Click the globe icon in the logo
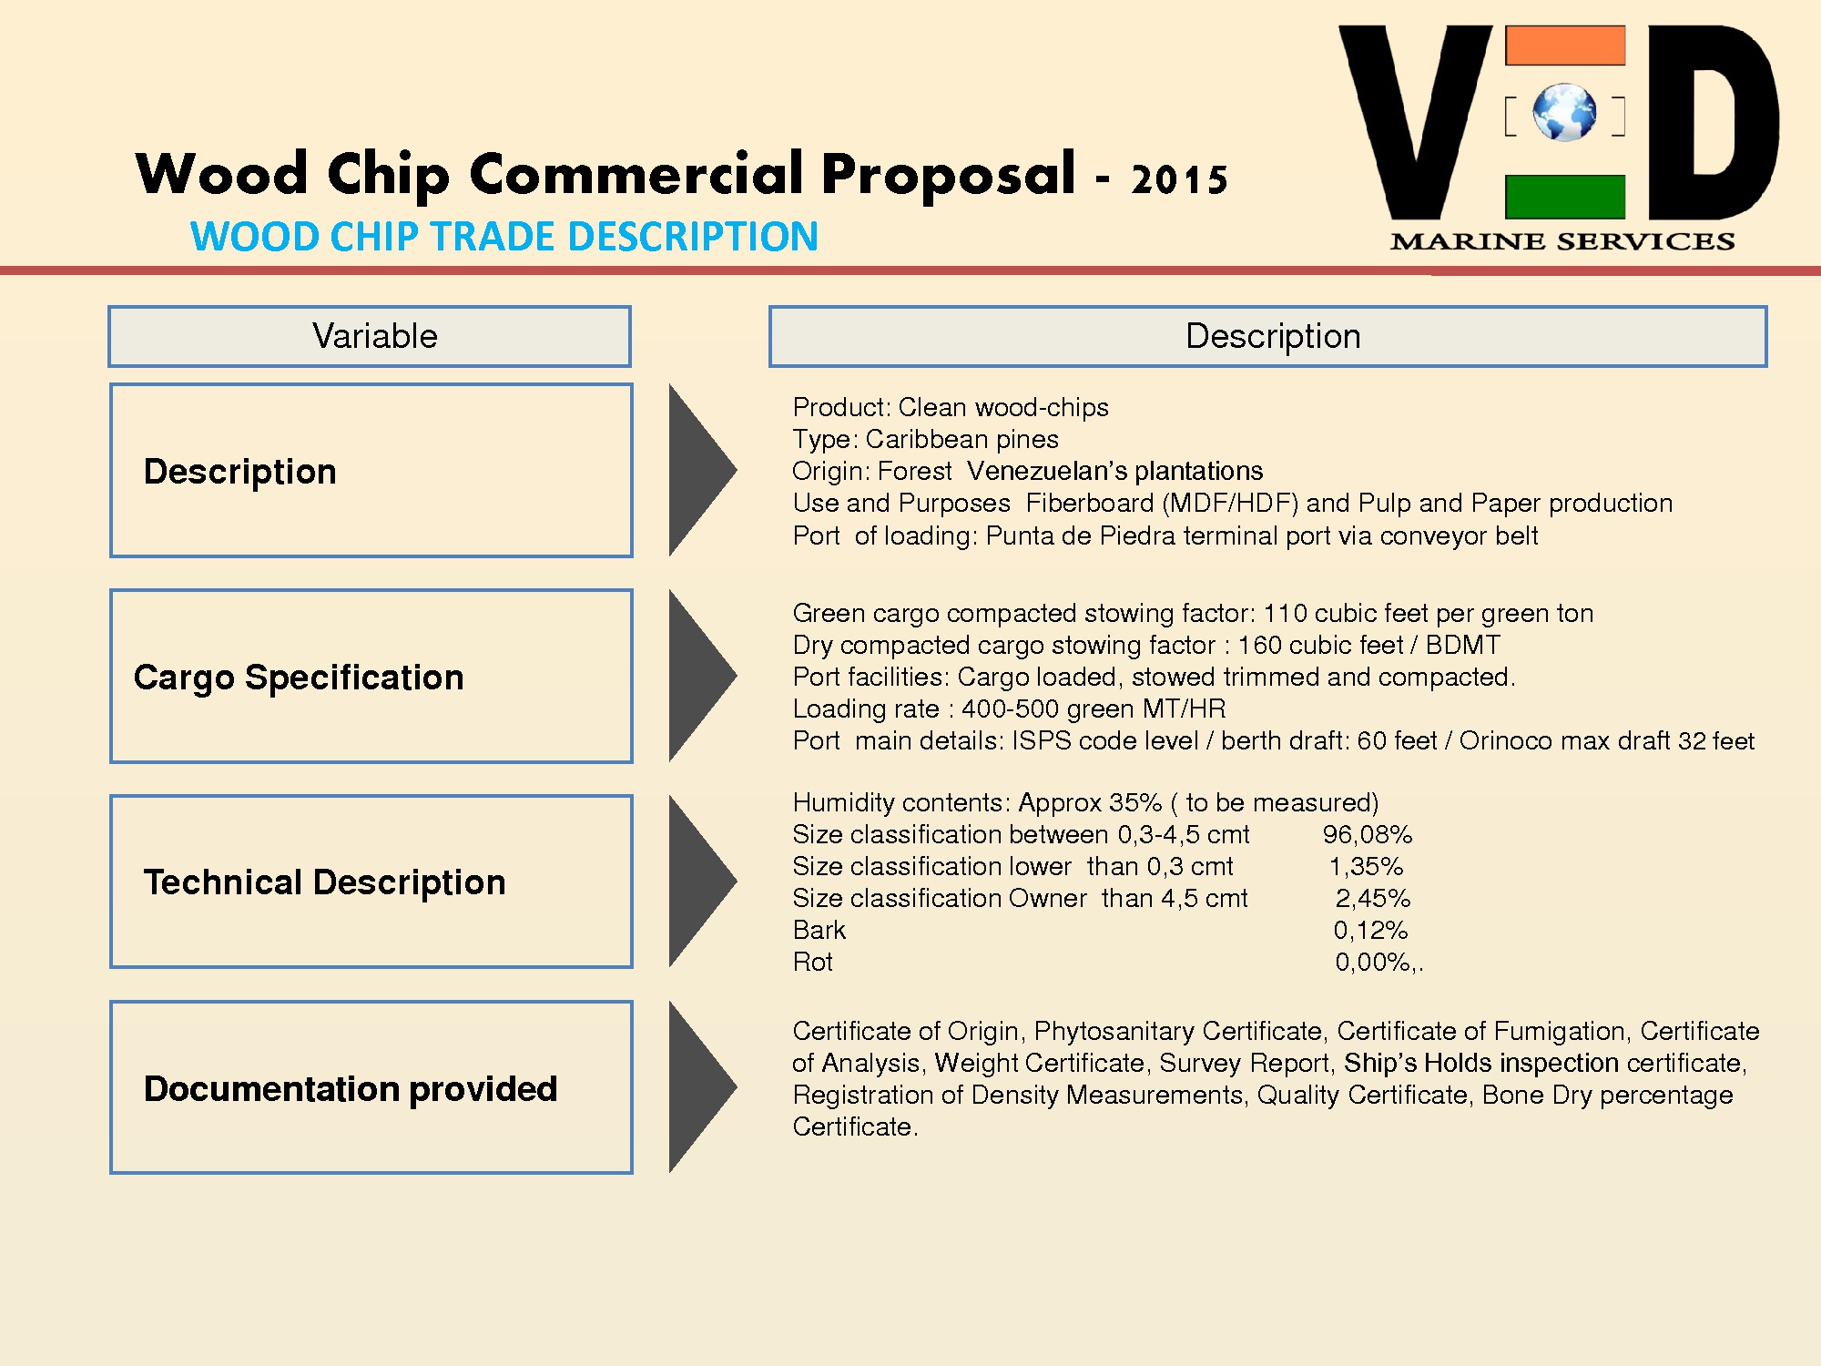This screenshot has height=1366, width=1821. pos(1564,113)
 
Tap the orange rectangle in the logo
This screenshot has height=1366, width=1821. pos(1564,46)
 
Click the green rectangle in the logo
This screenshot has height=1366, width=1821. pos(1564,197)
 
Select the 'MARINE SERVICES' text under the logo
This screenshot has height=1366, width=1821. pos(1562,241)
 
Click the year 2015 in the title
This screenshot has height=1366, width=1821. pos(1179,179)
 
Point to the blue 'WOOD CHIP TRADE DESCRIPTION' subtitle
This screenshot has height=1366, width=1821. pos(504,237)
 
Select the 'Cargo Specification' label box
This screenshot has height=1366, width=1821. pos(371,677)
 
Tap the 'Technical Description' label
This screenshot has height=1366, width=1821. pos(324,882)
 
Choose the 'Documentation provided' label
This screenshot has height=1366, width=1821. pos(351,1088)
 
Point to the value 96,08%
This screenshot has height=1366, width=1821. pos(1367,834)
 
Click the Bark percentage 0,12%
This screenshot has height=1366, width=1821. pos(1370,930)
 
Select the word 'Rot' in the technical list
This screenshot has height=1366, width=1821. pos(812,962)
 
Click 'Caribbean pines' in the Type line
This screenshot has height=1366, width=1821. pos(961,439)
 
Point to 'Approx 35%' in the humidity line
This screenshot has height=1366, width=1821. pos(1089,802)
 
